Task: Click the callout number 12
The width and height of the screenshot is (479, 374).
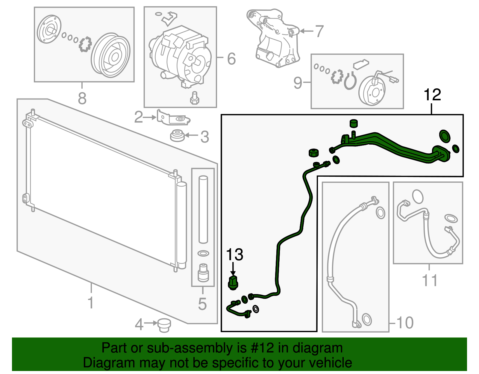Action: tap(432, 95)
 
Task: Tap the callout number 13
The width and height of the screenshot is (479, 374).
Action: tap(234, 255)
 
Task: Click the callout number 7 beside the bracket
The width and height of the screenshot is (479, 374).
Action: tap(319, 31)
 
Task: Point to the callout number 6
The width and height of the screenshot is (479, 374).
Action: tap(231, 58)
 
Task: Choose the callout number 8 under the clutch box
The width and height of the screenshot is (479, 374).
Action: tap(82, 98)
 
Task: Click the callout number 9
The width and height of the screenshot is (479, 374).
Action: tap(298, 83)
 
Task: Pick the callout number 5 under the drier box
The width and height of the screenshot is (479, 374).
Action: tap(202, 304)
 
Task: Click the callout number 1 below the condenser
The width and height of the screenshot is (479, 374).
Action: tap(91, 302)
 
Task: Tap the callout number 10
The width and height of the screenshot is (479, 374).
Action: tap(405, 323)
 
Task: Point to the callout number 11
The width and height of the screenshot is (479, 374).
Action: tap(430, 281)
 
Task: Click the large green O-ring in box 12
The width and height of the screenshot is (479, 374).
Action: tap(445, 136)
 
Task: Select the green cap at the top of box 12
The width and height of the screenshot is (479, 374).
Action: tap(354, 123)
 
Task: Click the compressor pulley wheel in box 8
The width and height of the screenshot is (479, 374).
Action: tap(110, 56)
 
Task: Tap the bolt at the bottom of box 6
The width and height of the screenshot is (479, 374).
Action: tap(195, 98)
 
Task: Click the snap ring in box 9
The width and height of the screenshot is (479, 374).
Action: tap(350, 81)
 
